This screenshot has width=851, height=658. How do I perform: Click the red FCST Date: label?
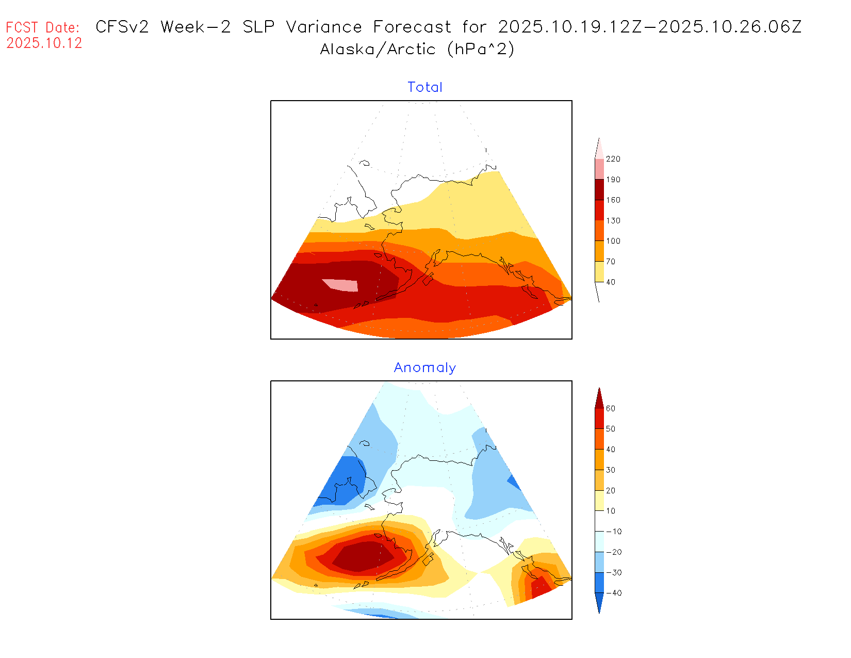coord(43,27)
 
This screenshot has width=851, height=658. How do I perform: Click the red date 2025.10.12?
coord(44,43)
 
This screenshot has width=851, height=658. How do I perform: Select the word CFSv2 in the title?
coord(122,27)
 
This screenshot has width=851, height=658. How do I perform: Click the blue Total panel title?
coord(425,87)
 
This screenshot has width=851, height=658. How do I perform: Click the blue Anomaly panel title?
coord(425,368)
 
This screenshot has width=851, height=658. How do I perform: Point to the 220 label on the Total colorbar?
coord(613,159)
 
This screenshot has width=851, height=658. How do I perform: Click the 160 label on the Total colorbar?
coord(613,200)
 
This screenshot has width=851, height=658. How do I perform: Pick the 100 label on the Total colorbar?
coord(613,241)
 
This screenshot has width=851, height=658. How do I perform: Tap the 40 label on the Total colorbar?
coord(611,282)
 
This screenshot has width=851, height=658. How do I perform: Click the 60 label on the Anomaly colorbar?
coord(611,409)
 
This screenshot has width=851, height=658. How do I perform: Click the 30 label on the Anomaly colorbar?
coord(611,470)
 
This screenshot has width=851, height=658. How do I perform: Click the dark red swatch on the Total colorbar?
coord(599,189)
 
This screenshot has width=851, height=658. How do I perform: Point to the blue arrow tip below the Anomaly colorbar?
coord(599,609)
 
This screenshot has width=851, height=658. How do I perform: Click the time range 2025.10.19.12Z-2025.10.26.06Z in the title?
coord(650,27)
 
